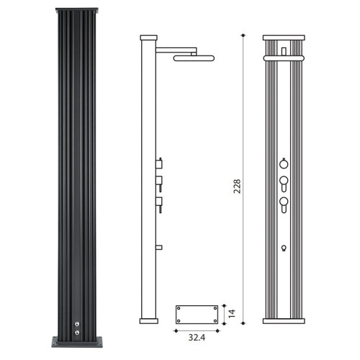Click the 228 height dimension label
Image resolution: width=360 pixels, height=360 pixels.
[x=237, y=186]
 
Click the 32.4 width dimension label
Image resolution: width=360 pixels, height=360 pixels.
[x=197, y=338]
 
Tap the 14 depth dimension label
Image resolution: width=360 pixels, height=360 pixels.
[x=232, y=314]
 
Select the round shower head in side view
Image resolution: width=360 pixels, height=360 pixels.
[x=194, y=58]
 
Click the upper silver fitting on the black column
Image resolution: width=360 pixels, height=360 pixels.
[x=77, y=324]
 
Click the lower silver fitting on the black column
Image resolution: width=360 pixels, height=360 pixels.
[x=77, y=333]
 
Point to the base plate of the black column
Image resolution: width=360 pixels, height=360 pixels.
[x=77, y=342]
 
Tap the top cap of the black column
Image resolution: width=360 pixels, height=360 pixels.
[x=77, y=11]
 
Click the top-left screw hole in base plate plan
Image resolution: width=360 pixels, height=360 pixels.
[x=179, y=308]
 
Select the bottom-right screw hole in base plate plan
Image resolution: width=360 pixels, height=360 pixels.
[x=215, y=321]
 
